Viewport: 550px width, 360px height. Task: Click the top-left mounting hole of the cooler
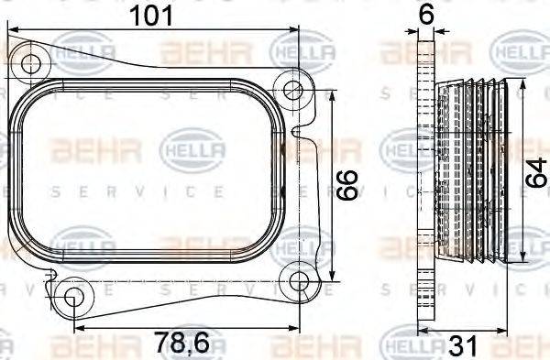(32, 64)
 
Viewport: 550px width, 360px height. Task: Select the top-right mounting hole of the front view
(292, 90)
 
